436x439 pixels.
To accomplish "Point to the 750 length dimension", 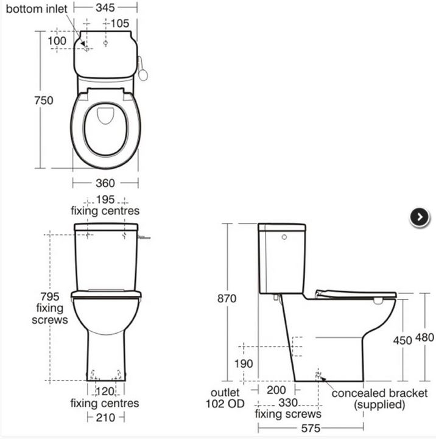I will pyautogui.click(x=43, y=100).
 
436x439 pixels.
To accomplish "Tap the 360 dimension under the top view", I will pyautogui.click(x=105, y=183).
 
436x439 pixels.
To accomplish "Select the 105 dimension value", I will pyautogui.click(x=119, y=24).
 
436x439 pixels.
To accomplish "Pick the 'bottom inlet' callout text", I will pyautogui.click(x=33, y=10).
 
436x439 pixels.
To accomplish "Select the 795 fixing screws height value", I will pyautogui.click(x=50, y=297).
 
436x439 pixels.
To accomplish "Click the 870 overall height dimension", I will pyautogui.click(x=226, y=298).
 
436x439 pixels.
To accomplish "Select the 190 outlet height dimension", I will pyautogui.click(x=226, y=364).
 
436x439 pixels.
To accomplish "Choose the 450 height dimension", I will pyautogui.click(x=402, y=340).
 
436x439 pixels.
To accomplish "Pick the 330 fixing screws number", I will pyautogui.click(x=289, y=402).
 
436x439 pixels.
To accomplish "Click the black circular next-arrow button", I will pyautogui.click(x=420, y=217).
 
